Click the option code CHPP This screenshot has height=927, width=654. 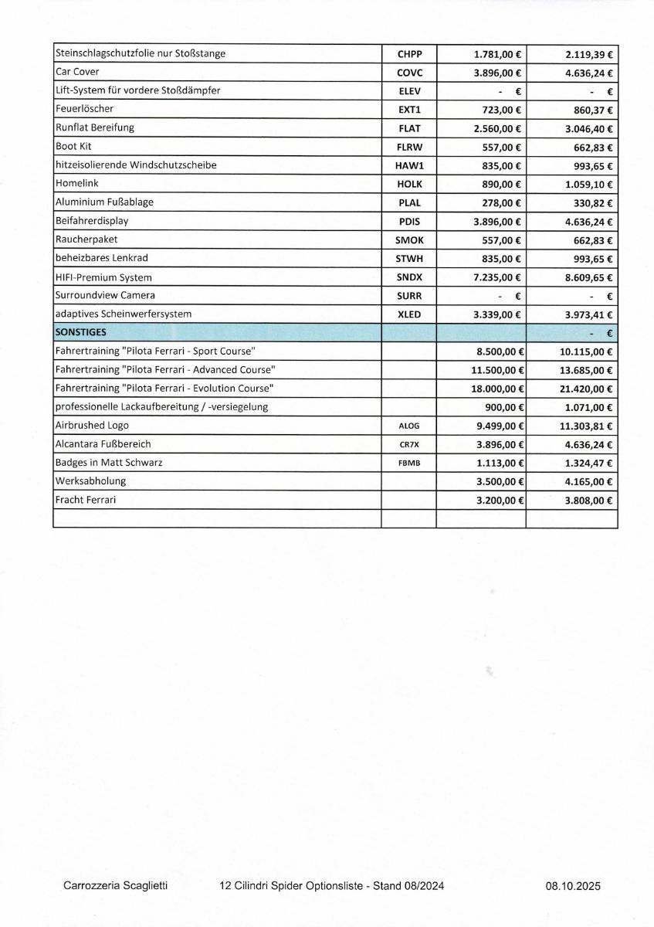pyautogui.click(x=408, y=54)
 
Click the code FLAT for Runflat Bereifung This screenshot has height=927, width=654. pyautogui.click(x=408, y=128)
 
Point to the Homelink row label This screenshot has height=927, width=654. pyautogui.click(x=76, y=183)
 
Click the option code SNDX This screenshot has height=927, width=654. pyautogui.click(x=408, y=277)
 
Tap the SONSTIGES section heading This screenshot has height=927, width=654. pyautogui.click(x=81, y=332)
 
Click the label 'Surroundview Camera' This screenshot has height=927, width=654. pyautogui.click(x=105, y=295)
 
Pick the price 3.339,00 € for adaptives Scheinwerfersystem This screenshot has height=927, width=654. pyautogui.click(x=497, y=314)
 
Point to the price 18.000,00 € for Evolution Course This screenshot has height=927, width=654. pyautogui.click(x=498, y=389)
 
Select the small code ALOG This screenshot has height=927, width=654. pyautogui.click(x=408, y=426)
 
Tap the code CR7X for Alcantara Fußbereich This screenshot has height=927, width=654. pyautogui.click(x=408, y=444)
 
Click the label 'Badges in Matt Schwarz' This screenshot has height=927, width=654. pyautogui.click(x=109, y=463)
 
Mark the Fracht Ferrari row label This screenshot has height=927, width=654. pyautogui.click(x=86, y=500)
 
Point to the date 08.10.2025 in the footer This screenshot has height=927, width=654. pyautogui.click(x=572, y=887)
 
